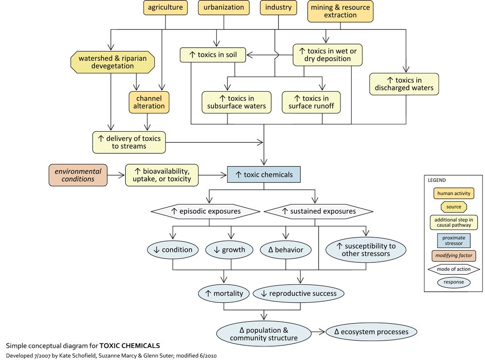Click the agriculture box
(x=165, y=8)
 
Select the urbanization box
(x=224, y=8)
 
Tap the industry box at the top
(x=279, y=8)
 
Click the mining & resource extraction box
(x=341, y=12)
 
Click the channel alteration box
(x=149, y=102)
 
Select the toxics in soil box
(x=213, y=54)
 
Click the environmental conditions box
(x=78, y=175)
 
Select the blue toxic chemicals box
(x=264, y=175)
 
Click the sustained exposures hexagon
(x=318, y=211)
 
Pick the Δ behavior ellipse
(x=286, y=250)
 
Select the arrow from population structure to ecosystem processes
(x=318, y=332)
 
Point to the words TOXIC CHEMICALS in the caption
(x=129, y=346)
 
